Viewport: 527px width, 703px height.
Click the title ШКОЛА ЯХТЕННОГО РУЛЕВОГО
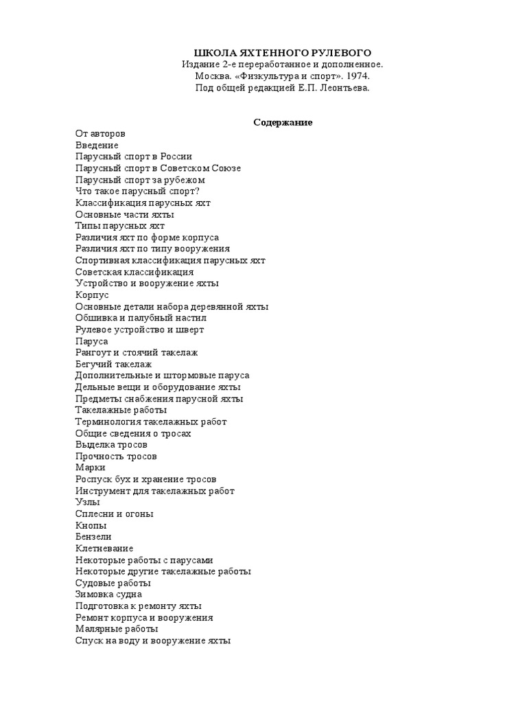coord(282,53)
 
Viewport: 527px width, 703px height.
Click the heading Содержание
coord(283,122)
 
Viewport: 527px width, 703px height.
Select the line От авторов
coord(100,134)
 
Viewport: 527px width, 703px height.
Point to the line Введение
coord(97,146)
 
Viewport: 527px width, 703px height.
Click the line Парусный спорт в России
coord(134,157)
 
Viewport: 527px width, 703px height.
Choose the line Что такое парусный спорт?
coord(137,192)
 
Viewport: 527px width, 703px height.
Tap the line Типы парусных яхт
coord(119,226)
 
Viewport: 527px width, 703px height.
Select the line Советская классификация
coord(134,272)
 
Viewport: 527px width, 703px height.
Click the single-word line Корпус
coord(92,295)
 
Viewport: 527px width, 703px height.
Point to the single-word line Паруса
coord(92,341)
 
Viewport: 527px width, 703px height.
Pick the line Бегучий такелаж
coord(113,365)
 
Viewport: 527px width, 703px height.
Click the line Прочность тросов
coord(116,457)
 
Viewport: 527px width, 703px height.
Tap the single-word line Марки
coord(91,468)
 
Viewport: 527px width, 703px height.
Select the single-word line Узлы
coord(87,503)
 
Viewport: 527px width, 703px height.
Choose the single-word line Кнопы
coord(91,525)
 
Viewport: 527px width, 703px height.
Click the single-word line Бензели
coord(93,537)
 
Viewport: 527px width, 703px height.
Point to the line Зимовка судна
coord(109,595)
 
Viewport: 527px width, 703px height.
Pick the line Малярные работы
coord(117,629)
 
